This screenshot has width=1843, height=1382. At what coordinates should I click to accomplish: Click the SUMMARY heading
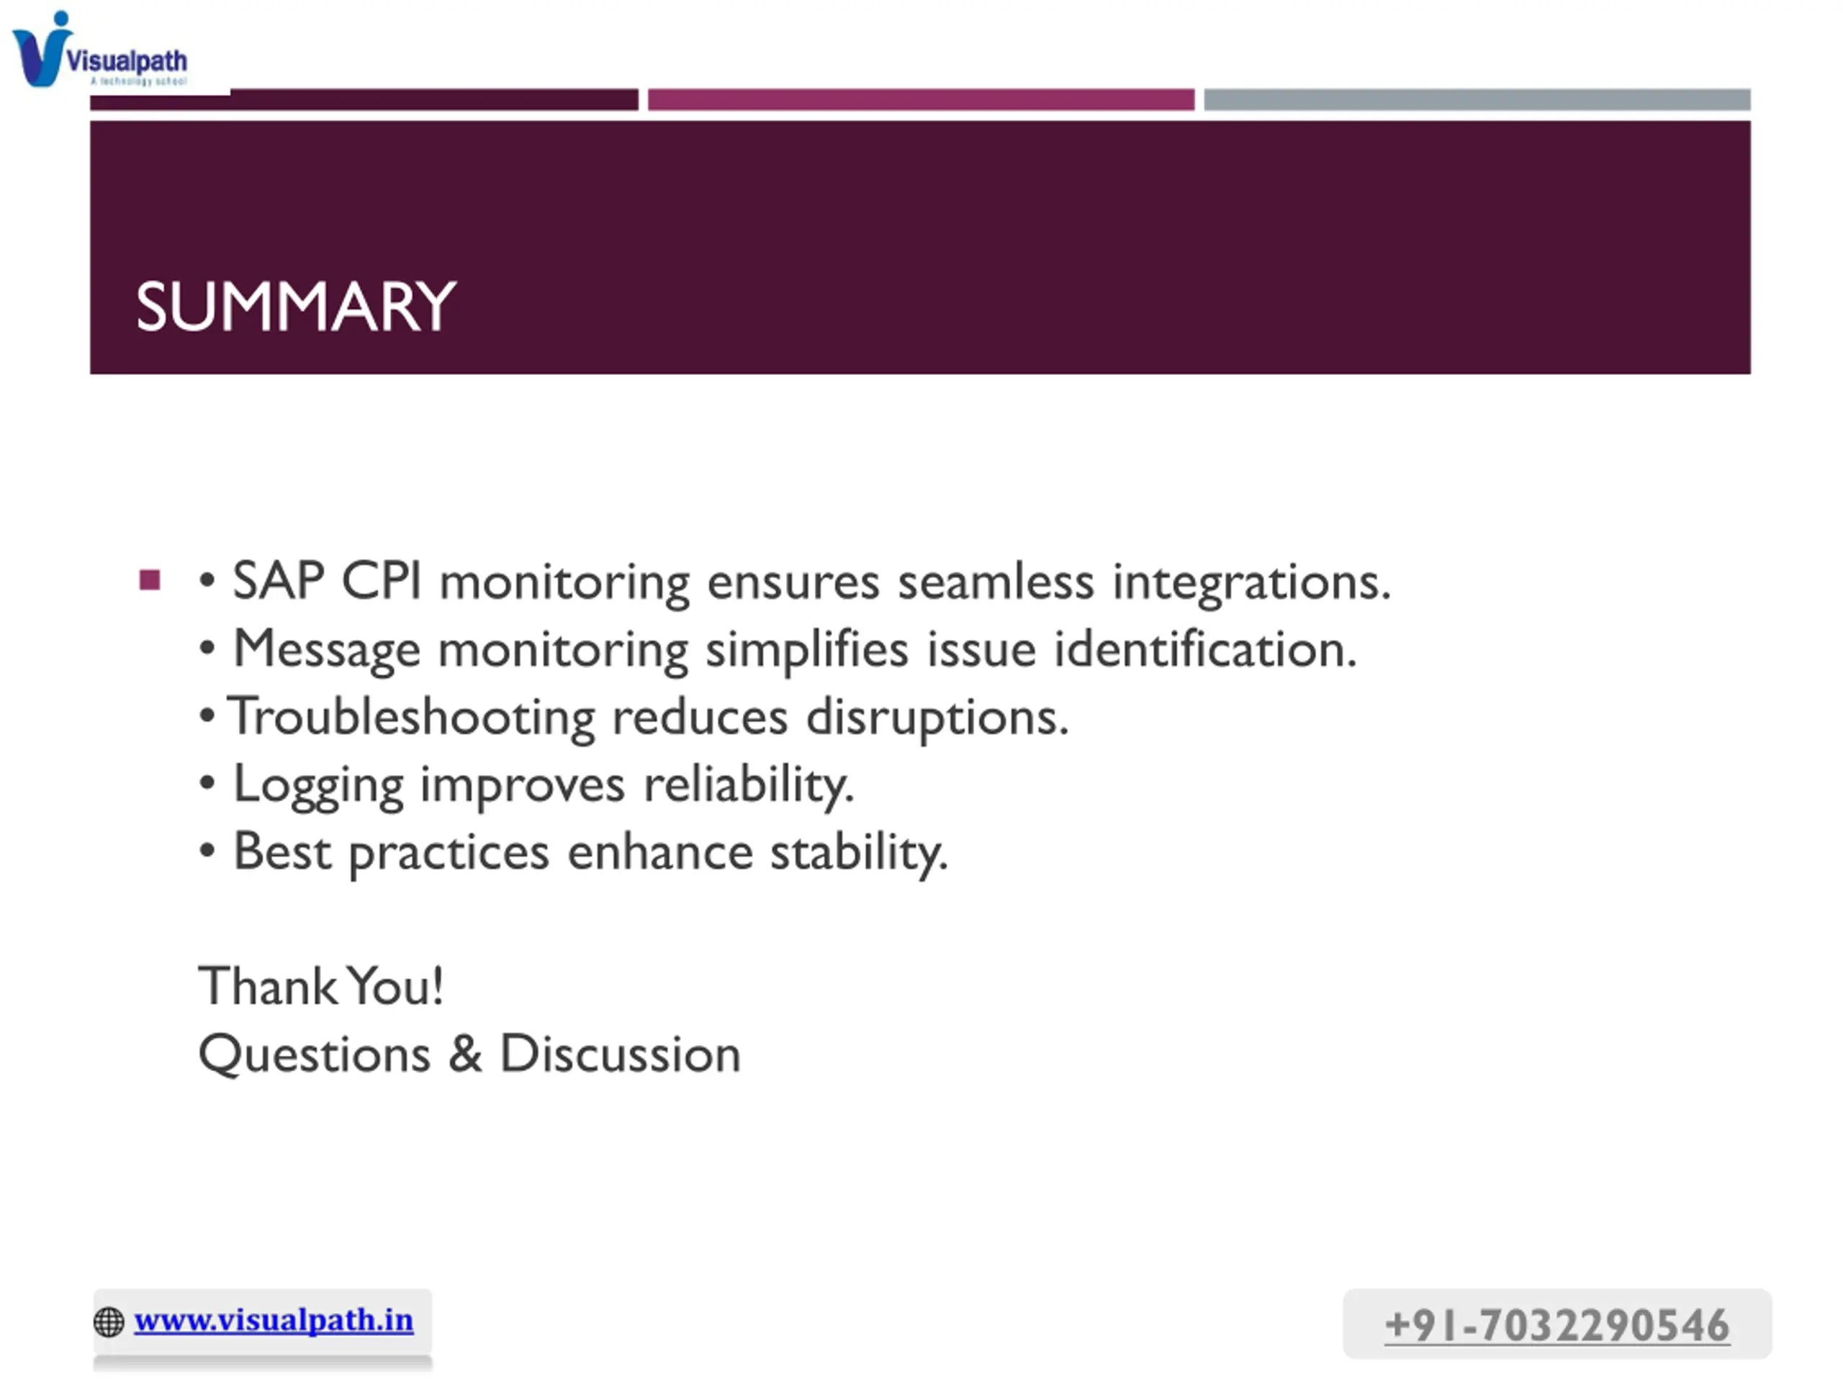pos(296,307)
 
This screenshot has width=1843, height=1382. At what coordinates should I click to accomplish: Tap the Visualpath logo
pos(100,50)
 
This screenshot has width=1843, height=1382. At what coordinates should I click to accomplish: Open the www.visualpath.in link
pos(274,1320)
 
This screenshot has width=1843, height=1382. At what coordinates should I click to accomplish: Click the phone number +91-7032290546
pos(1556,1324)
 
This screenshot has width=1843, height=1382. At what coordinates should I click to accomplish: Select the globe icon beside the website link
pos(109,1322)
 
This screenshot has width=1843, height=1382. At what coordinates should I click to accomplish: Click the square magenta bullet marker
pos(150,579)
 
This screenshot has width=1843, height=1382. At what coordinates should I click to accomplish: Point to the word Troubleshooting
pos(412,716)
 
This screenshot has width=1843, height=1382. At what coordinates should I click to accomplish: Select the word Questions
pos(314,1054)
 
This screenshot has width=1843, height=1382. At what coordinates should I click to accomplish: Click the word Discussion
pos(620,1054)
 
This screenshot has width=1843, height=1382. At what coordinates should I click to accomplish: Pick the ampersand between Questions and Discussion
pos(465,1054)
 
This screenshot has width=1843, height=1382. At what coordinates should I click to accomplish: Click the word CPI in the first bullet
pos(382,581)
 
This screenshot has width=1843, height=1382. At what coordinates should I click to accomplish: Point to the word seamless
pos(996,582)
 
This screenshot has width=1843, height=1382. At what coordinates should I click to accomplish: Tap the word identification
pos(1206,649)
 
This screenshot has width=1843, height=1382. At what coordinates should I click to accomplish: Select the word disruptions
pos(937,717)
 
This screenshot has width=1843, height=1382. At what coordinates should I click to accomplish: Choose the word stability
pos(859,853)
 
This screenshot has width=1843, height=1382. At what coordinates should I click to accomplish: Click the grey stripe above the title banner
pos(1477,100)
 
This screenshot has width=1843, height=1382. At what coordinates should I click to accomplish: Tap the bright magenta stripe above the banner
pos(921,100)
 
